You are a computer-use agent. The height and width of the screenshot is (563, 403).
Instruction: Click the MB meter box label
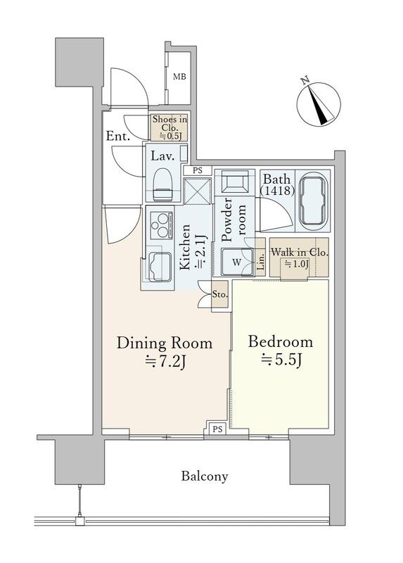tap(179, 77)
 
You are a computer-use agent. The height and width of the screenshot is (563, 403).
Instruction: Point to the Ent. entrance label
tap(118, 136)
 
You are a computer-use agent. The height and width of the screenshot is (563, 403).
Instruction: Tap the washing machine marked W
tap(236, 262)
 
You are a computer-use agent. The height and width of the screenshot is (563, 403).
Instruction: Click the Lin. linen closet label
tap(260, 261)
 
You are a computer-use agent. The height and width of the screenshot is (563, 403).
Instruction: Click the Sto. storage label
tap(219, 295)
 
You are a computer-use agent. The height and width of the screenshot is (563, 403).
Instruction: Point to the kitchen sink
tap(160, 267)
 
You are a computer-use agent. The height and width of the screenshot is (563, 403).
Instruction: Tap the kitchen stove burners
tap(160, 225)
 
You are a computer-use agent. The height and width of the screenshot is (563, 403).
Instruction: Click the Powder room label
tap(234, 220)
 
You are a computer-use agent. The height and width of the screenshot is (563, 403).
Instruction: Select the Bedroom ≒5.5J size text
tap(281, 351)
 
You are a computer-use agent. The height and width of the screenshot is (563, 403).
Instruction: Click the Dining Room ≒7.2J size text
tap(165, 353)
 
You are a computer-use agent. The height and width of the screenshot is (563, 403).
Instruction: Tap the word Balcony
tap(205, 476)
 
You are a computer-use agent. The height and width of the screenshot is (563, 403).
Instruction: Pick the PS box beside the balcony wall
tap(217, 429)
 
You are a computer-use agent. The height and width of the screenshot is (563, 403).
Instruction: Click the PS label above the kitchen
tap(198, 170)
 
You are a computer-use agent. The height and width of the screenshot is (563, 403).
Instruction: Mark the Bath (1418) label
tap(277, 184)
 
